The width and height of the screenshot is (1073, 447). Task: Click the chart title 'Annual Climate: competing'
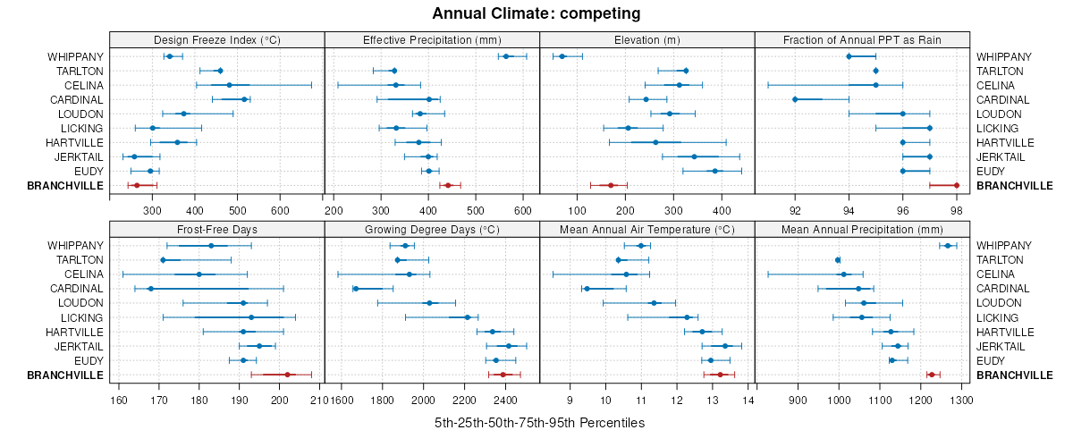pos(536,13)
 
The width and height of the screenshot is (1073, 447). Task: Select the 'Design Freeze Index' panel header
pos(217,39)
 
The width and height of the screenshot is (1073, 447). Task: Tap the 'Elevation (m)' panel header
pos(647,39)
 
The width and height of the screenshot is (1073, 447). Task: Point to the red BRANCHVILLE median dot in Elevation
pos(611,185)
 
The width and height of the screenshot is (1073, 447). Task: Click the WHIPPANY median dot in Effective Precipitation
pos(506,56)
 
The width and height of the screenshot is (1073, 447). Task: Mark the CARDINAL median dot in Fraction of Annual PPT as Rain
pos(795,99)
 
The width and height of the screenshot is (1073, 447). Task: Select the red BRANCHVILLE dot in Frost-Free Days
pos(287,375)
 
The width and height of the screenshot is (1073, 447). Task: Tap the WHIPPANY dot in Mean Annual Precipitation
pos(948,246)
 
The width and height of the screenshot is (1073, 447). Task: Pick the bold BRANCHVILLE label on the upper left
pos(66,185)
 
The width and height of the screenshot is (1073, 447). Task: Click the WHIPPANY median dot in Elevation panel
pos(562,56)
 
